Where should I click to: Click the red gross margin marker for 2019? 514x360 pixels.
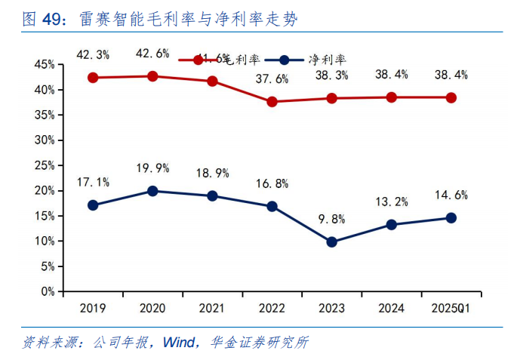pyautogui.click(x=93, y=78)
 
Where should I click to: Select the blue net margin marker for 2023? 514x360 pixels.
pyautogui.click(x=331, y=242)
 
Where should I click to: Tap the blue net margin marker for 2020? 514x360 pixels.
pyautogui.click(x=152, y=191)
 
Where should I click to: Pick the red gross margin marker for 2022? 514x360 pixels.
pyautogui.click(x=272, y=101)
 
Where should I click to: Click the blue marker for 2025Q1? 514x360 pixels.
pyautogui.click(x=451, y=217)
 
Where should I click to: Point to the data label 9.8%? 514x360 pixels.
pyautogui.click(x=331, y=220)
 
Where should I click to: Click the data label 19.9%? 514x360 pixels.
pyautogui.click(x=152, y=168)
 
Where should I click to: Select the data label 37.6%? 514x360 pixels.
pyautogui.click(x=272, y=79)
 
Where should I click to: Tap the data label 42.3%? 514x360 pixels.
pyautogui.click(x=93, y=54)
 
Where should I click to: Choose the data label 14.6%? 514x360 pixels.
pyautogui.click(x=451, y=195)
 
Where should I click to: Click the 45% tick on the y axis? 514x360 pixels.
pyautogui.click(x=45, y=65)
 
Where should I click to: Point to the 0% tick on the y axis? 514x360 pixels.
pyautogui.click(x=48, y=291)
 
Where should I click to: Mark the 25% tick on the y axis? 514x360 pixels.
pyautogui.click(x=45, y=165)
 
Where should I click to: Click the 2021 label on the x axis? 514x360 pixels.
pyautogui.click(x=212, y=308)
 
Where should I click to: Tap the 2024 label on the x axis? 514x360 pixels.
pyautogui.click(x=391, y=308)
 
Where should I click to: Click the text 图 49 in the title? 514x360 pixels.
pyautogui.click(x=42, y=20)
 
